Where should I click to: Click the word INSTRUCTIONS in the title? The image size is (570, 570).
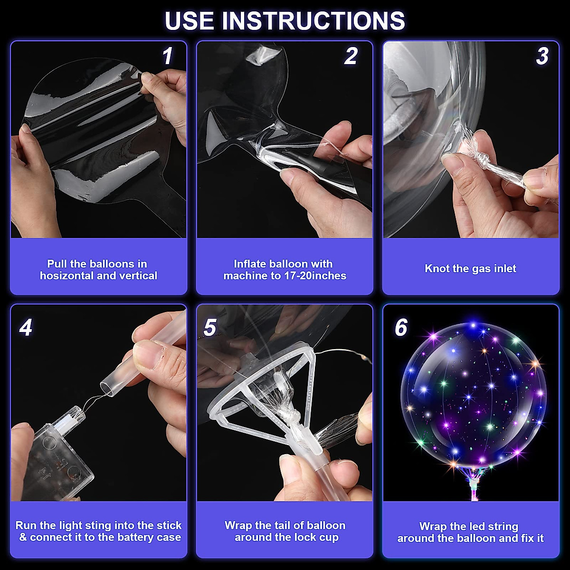(x=313, y=20)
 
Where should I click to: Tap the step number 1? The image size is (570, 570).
(x=167, y=56)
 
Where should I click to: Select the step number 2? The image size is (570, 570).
(x=351, y=56)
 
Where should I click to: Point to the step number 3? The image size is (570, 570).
(x=542, y=56)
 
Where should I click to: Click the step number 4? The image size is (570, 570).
(x=26, y=328)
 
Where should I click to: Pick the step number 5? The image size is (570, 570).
(x=209, y=328)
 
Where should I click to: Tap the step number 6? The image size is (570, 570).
(x=401, y=328)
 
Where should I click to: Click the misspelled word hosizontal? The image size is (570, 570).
(x=66, y=276)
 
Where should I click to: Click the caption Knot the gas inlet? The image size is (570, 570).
(x=470, y=269)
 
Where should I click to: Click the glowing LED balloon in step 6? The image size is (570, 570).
(x=473, y=394)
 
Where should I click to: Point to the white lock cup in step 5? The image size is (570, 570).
(x=266, y=389)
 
